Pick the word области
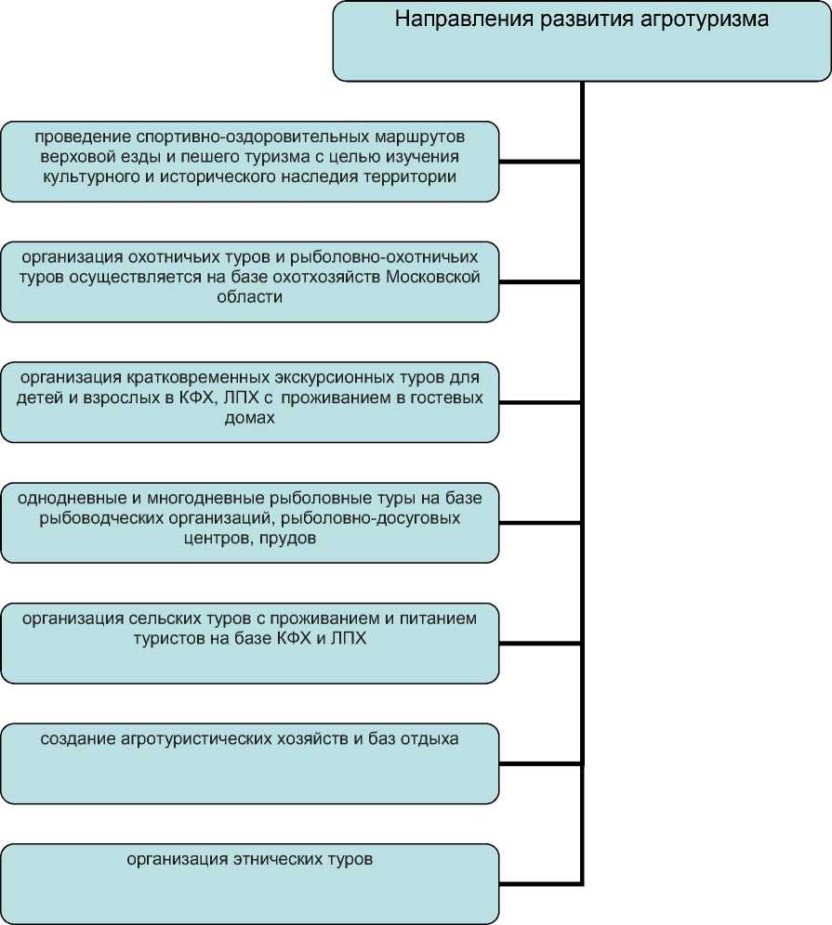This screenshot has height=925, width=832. click(x=249, y=297)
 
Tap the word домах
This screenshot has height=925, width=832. click(x=249, y=418)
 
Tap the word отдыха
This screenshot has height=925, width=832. click(x=431, y=739)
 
